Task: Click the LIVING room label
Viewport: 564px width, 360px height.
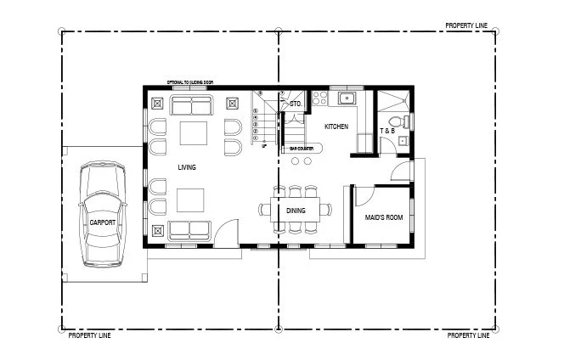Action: coord(187,167)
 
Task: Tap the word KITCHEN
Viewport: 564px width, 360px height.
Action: coord(336,127)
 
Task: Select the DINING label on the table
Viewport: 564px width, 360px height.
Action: coord(296,211)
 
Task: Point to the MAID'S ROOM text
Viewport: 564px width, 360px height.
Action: coord(384,218)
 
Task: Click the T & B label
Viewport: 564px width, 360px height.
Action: coord(386,131)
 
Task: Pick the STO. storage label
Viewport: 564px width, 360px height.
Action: coord(296,104)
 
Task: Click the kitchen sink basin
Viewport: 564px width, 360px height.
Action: coord(347,98)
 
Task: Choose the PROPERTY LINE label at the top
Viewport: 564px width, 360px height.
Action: coord(467,26)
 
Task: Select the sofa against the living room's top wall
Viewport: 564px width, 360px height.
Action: coord(190,104)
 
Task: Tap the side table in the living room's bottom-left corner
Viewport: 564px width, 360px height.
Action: coord(156,230)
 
